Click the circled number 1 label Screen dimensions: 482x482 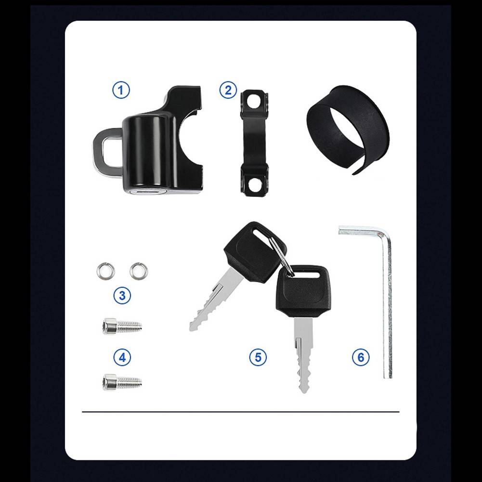pyautogui.click(x=121, y=90)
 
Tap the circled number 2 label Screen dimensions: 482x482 pyautogui.click(x=228, y=90)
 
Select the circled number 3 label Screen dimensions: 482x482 pyautogui.click(x=122, y=295)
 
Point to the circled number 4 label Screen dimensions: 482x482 pyautogui.click(x=122, y=357)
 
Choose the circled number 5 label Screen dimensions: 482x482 pyautogui.click(x=258, y=357)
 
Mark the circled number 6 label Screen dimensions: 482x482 pyautogui.click(x=361, y=357)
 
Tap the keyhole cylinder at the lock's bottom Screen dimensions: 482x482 pyautogui.click(x=147, y=191)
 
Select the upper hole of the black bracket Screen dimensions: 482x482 pyautogui.click(x=253, y=101)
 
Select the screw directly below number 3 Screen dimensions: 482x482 pyautogui.click(x=122, y=326)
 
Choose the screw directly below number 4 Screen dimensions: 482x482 pyautogui.click(x=122, y=382)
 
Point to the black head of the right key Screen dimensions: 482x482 pyautogui.click(x=303, y=291)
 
